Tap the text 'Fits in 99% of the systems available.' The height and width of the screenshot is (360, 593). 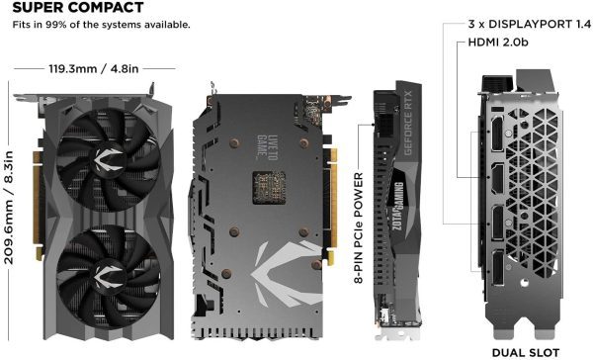[102, 25]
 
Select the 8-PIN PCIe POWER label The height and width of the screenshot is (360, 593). [358, 226]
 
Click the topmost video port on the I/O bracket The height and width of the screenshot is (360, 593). [490, 133]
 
